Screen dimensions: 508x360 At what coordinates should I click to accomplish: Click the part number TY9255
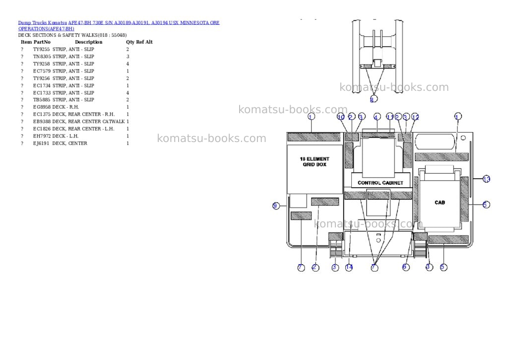click(42, 49)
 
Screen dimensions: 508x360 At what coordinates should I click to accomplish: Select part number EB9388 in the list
click(42, 122)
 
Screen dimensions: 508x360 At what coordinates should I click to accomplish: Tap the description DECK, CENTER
click(69, 144)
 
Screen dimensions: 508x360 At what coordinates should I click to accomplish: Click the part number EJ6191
click(41, 144)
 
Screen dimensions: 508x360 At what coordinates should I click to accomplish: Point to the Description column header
click(88, 42)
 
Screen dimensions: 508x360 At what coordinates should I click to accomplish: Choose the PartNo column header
click(42, 42)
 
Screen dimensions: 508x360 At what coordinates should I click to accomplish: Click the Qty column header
click(130, 42)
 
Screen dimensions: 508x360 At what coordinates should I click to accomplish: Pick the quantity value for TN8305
click(127, 57)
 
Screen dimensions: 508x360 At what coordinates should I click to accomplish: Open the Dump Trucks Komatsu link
click(43, 23)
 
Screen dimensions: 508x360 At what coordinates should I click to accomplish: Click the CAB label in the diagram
click(440, 203)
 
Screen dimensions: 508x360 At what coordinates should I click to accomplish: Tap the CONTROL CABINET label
click(381, 183)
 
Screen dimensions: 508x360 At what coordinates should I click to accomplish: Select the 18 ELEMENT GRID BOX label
click(314, 161)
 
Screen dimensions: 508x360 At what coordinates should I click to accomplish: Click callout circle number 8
click(374, 99)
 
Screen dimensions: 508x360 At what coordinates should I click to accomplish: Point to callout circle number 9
click(276, 206)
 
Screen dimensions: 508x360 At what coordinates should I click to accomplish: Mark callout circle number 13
click(486, 179)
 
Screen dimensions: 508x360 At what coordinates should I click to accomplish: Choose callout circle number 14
click(349, 267)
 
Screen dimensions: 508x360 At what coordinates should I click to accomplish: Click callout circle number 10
click(340, 116)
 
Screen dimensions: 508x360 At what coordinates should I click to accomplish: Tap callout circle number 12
click(415, 117)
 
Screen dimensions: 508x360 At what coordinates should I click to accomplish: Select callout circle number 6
click(406, 267)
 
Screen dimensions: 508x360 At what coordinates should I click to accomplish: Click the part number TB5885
click(42, 100)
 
